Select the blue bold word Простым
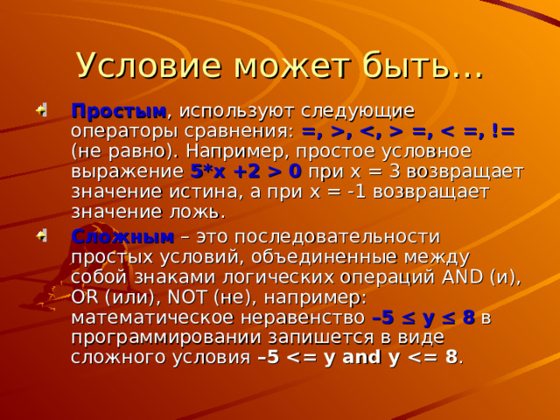point(119,112)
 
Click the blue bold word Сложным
point(122,236)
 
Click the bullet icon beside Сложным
point(41,235)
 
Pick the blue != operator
point(503,131)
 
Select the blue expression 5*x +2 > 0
point(246,171)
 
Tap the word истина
point(203,192)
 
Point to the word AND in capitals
point(463,277)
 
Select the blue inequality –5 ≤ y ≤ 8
point(423,318)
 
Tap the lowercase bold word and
point(361,357)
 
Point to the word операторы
point(124,132)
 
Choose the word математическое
point(152,318)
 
